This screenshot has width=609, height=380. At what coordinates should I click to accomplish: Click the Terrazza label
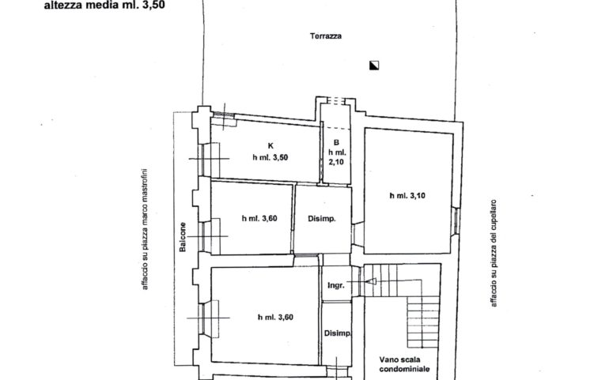pos(326,36)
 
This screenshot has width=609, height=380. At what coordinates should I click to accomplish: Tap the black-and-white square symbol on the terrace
pos(374,66)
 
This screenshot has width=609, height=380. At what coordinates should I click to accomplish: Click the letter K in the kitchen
pos(270,146)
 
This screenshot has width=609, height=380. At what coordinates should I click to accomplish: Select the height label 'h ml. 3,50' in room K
pos(270,157)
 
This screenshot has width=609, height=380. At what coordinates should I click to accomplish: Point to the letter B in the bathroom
pos(336,143)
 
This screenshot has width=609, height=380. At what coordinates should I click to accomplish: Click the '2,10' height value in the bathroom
pos(336,162)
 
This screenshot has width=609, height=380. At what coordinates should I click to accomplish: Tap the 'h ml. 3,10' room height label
pos(407,196)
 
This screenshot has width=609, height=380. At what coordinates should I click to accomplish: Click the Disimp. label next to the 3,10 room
pos(322,219)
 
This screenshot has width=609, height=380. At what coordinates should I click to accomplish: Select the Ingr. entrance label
pos(335,286)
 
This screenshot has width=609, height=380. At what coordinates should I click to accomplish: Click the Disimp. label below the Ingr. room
pos(338,333)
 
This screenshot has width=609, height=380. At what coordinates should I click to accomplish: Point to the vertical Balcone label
pos(183,237)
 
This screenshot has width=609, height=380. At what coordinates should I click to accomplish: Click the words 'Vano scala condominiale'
pos(404,364)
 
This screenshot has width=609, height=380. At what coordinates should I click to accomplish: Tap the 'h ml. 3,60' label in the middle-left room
pos(259,219)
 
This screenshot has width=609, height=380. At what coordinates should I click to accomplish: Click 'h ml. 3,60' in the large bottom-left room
pos(275,318)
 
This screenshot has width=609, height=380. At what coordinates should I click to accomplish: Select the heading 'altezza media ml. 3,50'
pos(104,6)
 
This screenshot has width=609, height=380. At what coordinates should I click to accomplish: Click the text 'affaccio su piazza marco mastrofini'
pos(145,229)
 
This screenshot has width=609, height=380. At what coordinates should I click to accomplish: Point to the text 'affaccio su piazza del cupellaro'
pos(494,253)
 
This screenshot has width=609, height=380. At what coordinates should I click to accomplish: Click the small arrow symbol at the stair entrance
pos(371,281)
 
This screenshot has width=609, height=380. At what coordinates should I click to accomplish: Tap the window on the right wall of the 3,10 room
pos(457,221)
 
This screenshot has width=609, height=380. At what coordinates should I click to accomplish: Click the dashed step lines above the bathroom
pos(336,101)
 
